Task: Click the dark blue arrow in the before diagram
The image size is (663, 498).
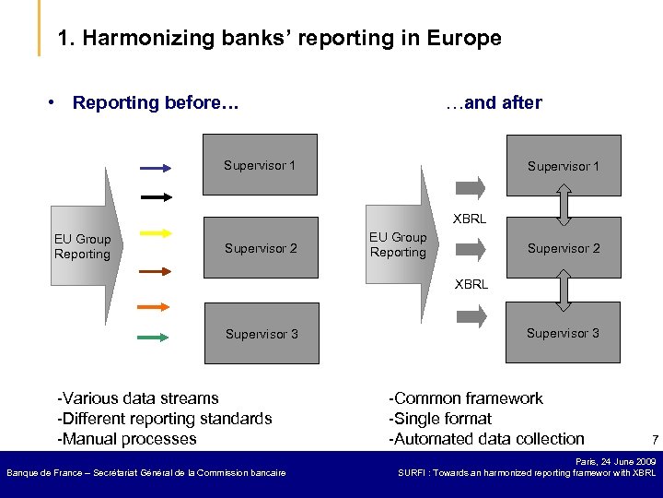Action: (x=156, y=169)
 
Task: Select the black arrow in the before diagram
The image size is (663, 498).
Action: (x=156, y=197)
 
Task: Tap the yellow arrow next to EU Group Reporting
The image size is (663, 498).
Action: (x=156, y=234)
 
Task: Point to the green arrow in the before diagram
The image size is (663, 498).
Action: (x=154, y=338)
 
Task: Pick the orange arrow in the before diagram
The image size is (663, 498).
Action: (x=154, y=305)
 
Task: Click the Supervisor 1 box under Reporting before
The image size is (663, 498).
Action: (x=260, y=165)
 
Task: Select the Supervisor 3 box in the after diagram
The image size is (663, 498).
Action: (x=563, y=333)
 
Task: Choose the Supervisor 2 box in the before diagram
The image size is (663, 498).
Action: (x=261, y=248)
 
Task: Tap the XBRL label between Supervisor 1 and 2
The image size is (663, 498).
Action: (x=471, y=219)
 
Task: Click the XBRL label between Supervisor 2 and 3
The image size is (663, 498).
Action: (x=471, y=285)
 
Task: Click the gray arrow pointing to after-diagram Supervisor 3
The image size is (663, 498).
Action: (x=471, y=317)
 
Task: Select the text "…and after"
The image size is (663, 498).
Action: (x=494, y=102)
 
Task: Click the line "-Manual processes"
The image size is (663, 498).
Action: (x=127, y=439)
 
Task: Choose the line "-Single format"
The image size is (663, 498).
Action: (x=440, y=419)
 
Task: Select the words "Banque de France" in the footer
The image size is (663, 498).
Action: (x=46, y=473)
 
